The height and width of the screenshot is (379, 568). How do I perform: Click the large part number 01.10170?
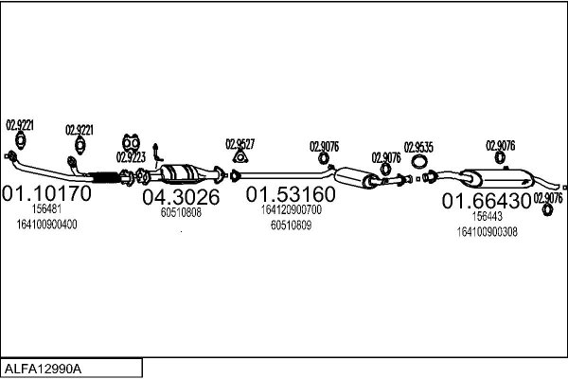[x=46, y=193]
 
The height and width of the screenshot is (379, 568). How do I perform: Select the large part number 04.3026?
[x=181, y=197]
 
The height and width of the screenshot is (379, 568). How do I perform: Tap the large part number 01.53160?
[x=291, y=194]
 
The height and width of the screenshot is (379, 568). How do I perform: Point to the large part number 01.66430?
[x=487, y=201]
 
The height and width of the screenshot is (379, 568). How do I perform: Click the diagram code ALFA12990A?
[x=43, y=369]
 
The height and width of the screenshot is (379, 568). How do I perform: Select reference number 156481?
[x=46, y=208]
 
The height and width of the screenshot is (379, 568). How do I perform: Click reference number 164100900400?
[x=46, y=225]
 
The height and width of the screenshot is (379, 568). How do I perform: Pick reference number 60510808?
[x=181, y=212]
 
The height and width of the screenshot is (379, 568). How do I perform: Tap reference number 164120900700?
[x=292, y=209]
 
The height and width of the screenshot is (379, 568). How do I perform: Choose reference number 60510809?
[x=291, y=226]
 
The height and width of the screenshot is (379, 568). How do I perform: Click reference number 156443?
[x=488, y=216]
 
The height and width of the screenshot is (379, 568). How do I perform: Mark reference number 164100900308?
[x=488, y=232]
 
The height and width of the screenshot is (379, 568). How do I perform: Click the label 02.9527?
[x=240, y=144]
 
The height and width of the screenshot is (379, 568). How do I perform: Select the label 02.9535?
[x=418, y=148]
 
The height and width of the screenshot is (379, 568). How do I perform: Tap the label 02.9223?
[x=131, y=157]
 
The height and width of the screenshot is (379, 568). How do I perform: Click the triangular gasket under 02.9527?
[x=240, y=156]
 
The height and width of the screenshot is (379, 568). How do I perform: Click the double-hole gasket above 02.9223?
[x=132, y=143]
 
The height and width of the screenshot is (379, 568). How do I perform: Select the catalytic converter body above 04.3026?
[x=179, y=174]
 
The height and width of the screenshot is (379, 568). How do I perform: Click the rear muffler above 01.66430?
[x=498, y=178]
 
